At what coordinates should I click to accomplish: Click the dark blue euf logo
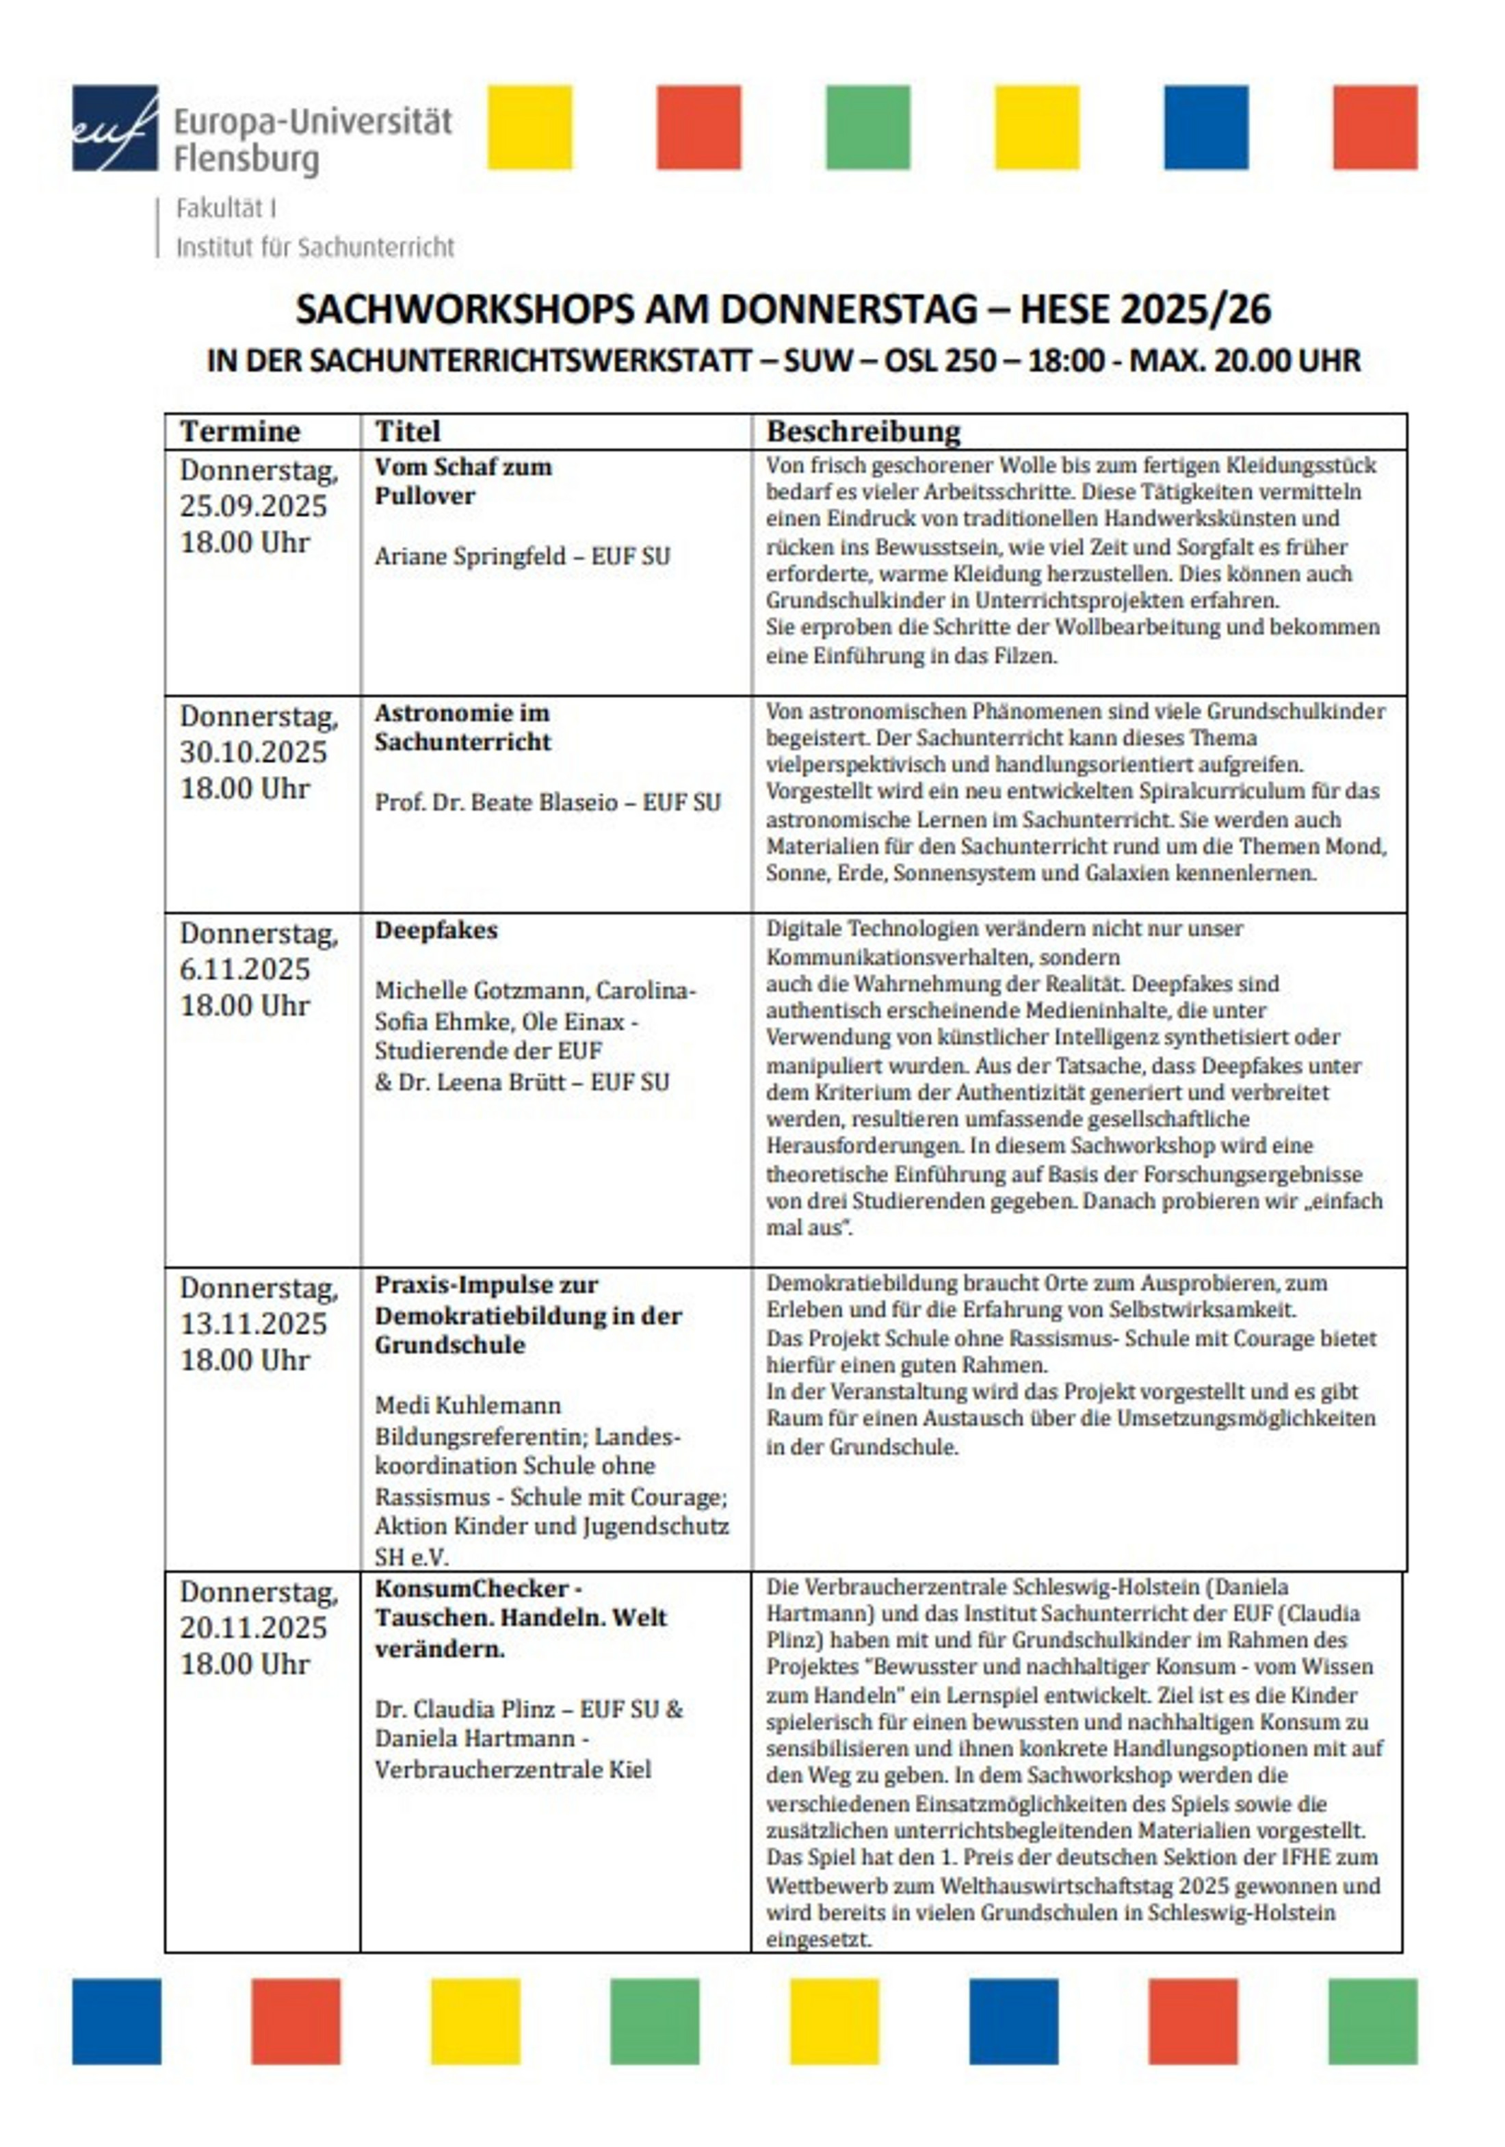(114, 127)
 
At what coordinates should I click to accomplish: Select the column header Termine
(239, 431)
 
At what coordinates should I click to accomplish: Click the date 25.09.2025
(252, 506)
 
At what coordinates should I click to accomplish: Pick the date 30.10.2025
(252, 752)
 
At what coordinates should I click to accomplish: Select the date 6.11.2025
(244, 969)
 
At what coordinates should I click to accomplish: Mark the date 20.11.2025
(252, 1627)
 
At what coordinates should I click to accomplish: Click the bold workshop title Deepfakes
(436, 931)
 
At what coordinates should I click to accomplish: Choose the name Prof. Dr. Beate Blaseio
(495, 803)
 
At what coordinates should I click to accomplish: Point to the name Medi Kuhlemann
(467, 1405)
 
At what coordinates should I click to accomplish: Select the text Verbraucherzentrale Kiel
(512, 1769)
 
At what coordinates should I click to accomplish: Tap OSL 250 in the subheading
(939, 360)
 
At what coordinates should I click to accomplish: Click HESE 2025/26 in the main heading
(1144, 309)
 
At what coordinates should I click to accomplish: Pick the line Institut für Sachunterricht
(314, 248)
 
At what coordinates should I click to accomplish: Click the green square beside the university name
(867, 127)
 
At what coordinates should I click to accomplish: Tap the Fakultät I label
(225, 209)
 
